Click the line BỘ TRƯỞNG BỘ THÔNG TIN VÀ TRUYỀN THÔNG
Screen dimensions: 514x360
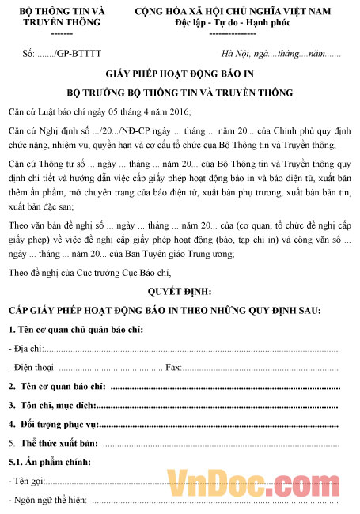pyautogui.click(x=180, y=93)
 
